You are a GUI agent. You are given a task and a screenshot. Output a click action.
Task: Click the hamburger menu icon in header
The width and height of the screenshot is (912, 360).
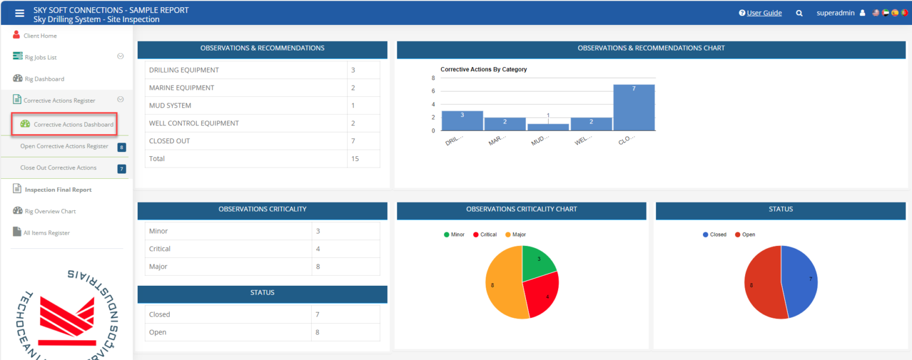pyautogui.click(x=20, y=13)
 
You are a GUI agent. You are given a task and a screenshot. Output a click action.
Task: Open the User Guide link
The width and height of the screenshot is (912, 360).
pyautogui.click(x=764, y=13)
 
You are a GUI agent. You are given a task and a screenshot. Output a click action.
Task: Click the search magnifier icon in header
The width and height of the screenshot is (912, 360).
pyautogui.click(x=799, y=13)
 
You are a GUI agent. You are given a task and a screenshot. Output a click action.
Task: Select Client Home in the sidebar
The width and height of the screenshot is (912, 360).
pyautogui.click(x=40, y=36)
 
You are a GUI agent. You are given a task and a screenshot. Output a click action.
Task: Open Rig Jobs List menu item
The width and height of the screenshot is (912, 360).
pyautogui.click(x=40, y=57)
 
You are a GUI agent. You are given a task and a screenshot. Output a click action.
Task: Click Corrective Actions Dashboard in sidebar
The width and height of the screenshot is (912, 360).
pyautogui.click(x=73, y=125)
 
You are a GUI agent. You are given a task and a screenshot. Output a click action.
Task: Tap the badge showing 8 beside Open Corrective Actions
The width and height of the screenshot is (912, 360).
pyautogui.click(x=122, y=147)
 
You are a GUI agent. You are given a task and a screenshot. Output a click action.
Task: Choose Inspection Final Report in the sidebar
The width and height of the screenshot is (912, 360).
pyautogui.click(x=58, y=190)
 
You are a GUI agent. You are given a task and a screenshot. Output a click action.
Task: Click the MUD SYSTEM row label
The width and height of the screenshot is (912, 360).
pyautogui.click(x=170, y=106)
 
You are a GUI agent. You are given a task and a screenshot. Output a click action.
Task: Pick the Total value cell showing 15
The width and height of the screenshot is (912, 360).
pyautogui.click(x=354, y=159)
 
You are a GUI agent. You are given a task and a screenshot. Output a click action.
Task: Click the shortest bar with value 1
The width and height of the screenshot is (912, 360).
pyautogui.click(x=548, y=127)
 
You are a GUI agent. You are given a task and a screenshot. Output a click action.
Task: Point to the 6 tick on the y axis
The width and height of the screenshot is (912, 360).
pyautogui.click(x=433, y=91)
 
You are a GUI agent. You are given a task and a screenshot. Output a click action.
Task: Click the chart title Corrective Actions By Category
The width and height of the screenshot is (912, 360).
pyautogui.click(x=483, y=70)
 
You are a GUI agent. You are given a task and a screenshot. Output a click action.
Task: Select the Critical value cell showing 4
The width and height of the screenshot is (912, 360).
pyautogui.click(x=318, y=249)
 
